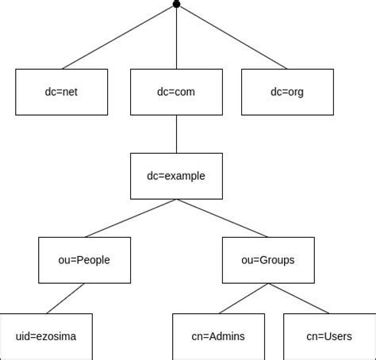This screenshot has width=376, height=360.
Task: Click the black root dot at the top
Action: [x=176, y=5]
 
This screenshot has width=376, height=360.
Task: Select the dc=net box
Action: [x=61, y=92]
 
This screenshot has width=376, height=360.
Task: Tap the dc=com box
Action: [x=176, y=92]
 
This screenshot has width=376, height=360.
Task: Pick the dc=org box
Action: [x=287, y=92]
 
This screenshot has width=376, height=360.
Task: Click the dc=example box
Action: [x=176, y=176]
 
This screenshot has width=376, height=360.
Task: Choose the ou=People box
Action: [x=84, y=260]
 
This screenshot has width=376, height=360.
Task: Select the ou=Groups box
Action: [x=268, y=260]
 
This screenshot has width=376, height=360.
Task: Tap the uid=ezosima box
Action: [x=46, y=336]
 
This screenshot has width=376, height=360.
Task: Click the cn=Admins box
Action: [x=218, y=336]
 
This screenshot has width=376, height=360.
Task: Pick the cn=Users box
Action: [x=329, y=336]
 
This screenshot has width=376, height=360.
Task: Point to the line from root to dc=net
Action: [x=119, y=36]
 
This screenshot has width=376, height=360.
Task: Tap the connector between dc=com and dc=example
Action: [x=176, y=134]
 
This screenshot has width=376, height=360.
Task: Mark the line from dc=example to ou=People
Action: [x=130, y=218]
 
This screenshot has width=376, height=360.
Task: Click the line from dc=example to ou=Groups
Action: [x=222, y=218]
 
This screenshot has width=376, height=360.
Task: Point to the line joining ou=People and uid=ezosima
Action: [x=65, y=298]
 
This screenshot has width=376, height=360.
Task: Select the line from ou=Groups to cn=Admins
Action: [x=244, y=298]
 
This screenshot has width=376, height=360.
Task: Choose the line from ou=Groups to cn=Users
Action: [x=298, y=298]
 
